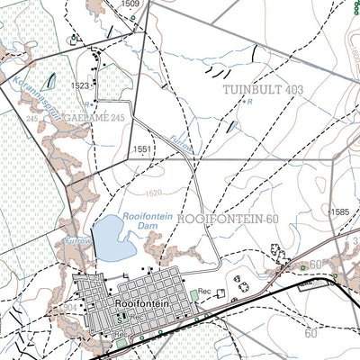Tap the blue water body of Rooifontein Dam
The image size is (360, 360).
[109, 236]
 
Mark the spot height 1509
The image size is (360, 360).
[130, 4]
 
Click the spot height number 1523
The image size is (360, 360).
[81, 85]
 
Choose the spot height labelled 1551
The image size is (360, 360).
[142, 149]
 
